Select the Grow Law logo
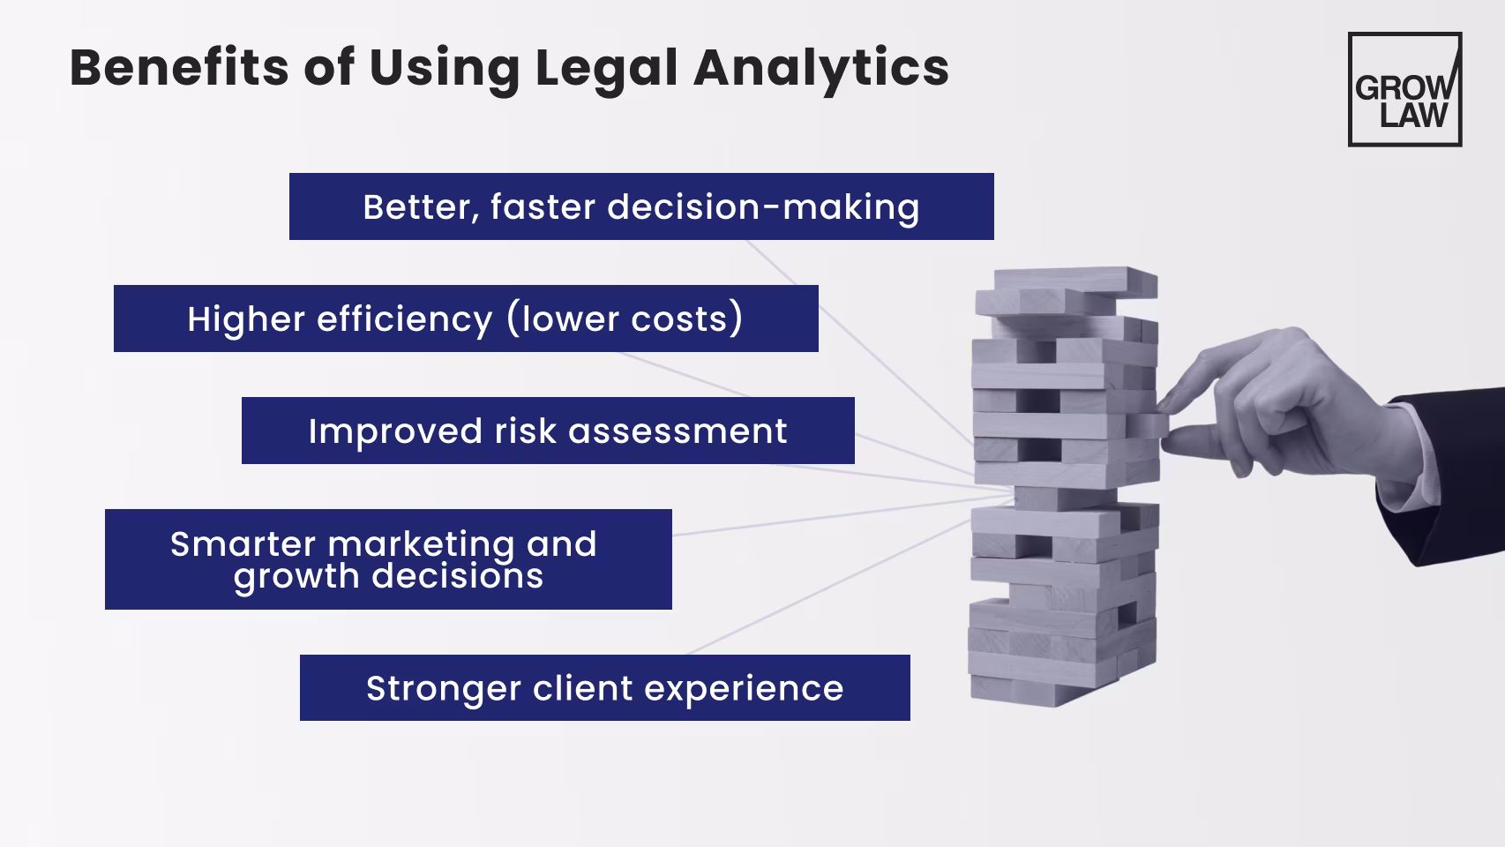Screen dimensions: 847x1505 1404,89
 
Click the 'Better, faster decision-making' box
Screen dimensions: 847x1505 641,206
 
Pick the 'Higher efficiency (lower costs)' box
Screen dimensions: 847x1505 466,319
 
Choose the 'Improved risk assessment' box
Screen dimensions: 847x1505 548,431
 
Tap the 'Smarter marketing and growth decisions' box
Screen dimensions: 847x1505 388,559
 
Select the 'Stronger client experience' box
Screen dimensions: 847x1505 604,688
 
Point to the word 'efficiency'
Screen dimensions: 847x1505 404,319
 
